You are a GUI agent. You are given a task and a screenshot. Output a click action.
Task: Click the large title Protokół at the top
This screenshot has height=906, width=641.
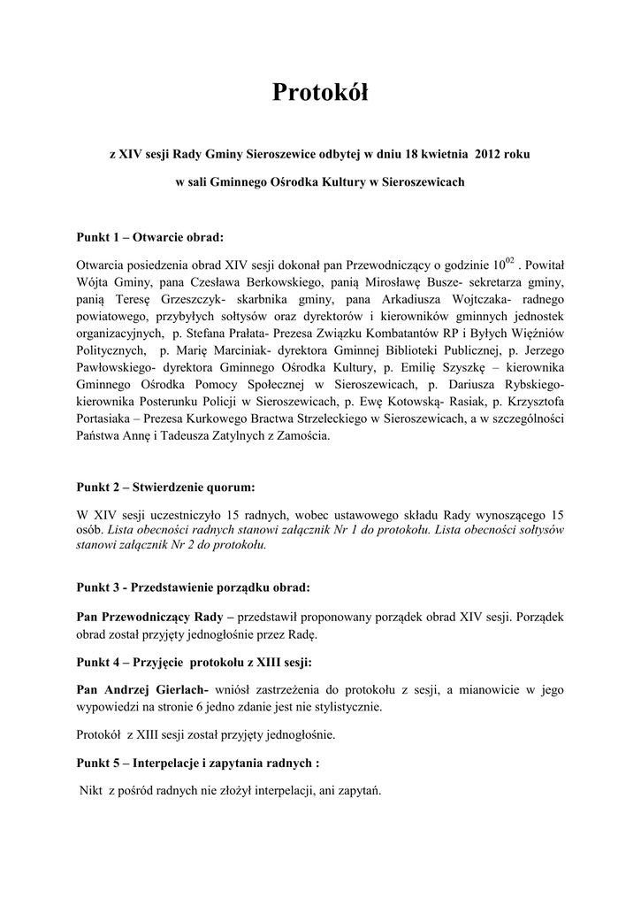[319, 92]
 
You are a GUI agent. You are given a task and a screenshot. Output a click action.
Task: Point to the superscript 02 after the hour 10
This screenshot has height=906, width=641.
[510, 261]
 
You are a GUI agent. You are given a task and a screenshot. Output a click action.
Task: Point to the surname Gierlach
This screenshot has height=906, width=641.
[172, 688]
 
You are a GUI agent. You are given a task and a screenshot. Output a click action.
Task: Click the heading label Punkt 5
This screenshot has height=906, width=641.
[98, 763]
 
